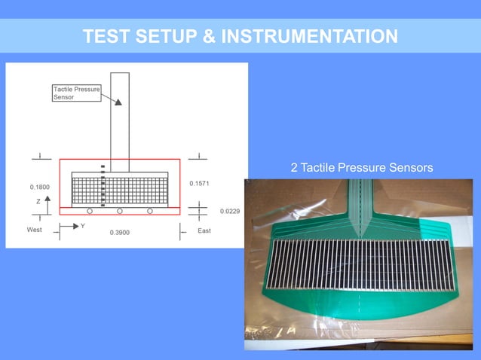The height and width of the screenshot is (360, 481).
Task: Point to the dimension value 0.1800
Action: coord(40,186)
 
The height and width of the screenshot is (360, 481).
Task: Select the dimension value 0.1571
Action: coord(199,183)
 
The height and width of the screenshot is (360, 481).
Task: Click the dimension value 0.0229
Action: coord(230,212)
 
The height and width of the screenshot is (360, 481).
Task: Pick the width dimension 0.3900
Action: coord(119,233)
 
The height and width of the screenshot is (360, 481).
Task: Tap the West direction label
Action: coord(35,230)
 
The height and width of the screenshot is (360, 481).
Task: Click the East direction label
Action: coord(204,230)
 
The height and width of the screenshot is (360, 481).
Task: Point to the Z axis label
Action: coord(38,202)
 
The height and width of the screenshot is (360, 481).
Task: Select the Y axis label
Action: coord(82,225)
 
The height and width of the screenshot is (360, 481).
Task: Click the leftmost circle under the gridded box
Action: coord(90,211)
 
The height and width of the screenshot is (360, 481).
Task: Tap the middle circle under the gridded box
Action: coord(120,211)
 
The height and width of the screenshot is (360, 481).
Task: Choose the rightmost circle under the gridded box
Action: coord(150,211)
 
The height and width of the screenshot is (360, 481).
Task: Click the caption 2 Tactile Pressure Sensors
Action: coord(362,167)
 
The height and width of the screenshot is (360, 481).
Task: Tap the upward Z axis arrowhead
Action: coord(47,197)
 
